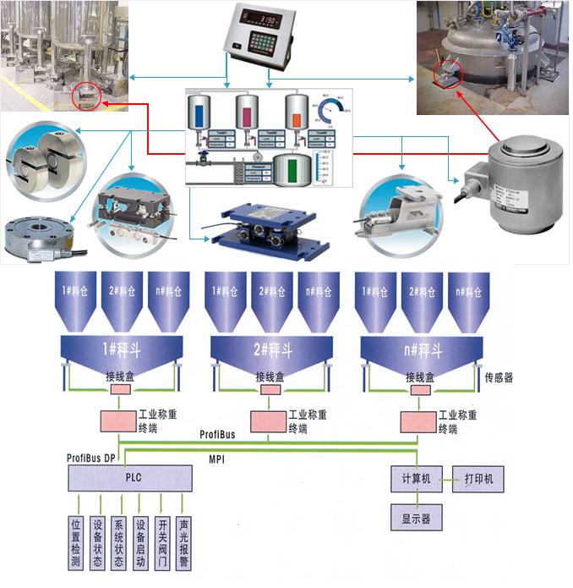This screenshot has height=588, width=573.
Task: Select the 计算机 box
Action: (x=416, y=479)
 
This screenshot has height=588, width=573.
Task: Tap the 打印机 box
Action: (x=478, y=479)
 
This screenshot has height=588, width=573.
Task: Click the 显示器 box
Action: (x=416, y=519)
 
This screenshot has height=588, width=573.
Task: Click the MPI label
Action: (x=216, y=458)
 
